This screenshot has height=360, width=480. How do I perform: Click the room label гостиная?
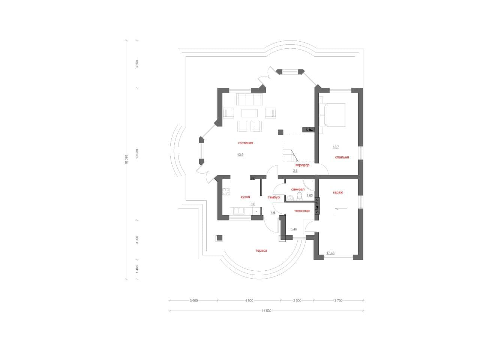[245, 143]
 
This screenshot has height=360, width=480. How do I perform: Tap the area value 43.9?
[240, 154]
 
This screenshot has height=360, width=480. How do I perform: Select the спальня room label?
[342, 157]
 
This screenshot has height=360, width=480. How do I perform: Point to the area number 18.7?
[336, 147]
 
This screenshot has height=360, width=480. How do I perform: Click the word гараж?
[337, 192]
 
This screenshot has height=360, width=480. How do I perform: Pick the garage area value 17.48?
[330, 253]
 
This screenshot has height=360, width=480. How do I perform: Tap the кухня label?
[245, 197]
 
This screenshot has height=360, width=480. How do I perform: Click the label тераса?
[261, 250]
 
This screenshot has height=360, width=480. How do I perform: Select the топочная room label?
[302, 211]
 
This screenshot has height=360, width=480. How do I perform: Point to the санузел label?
[298, 189]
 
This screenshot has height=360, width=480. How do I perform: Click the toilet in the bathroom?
[299, 196]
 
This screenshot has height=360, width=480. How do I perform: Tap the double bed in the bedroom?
[332, 115]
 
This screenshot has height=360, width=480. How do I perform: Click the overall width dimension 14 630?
[266, 310]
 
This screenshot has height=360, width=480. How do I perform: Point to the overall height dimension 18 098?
[126, 160]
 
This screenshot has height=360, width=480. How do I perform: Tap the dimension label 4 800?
[249, 300]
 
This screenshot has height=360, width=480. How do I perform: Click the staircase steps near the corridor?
[290, 156]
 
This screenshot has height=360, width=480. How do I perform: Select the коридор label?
[302, 165]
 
